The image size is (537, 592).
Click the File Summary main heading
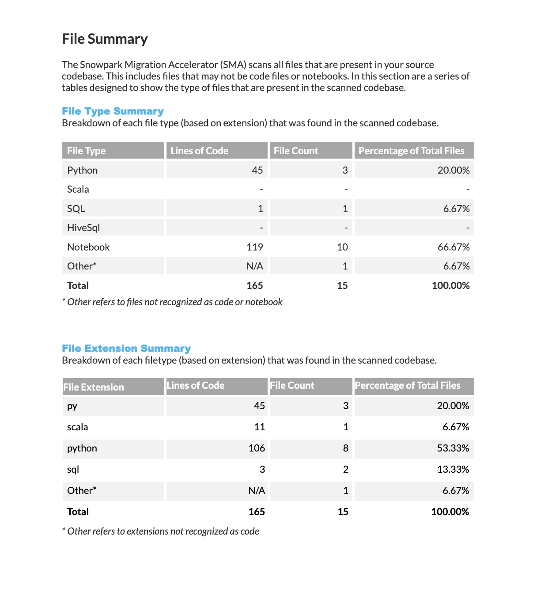click(x=105, y=39)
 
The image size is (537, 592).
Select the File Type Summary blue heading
click(x=113, y=111)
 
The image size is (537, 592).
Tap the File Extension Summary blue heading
click(x=126, y=349)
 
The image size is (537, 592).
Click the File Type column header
click(x=86, y=151)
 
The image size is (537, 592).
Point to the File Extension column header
click(x=94, y=387)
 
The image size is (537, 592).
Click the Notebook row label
click(x=88, y=247)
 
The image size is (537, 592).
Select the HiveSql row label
click(x=83, y=228)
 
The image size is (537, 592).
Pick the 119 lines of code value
click(x=255, y=247)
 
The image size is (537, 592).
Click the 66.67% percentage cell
click(x=454, y=247)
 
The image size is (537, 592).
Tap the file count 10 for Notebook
click(x=342, y=247)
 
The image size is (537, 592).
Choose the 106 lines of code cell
click(x=257, y=448)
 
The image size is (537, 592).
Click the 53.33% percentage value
click(x=453, y=448)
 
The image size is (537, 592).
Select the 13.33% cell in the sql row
click(x=453, y=469)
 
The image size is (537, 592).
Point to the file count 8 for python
click(x=346, y=448)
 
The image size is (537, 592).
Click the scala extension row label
click(x=77, y=427)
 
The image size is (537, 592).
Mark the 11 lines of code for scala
click(x=260, y=427)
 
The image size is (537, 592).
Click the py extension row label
click(x=72, y=406)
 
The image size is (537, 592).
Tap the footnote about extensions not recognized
click(x=161, y=531)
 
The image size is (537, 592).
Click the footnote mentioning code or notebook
click(x=172, y=302)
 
